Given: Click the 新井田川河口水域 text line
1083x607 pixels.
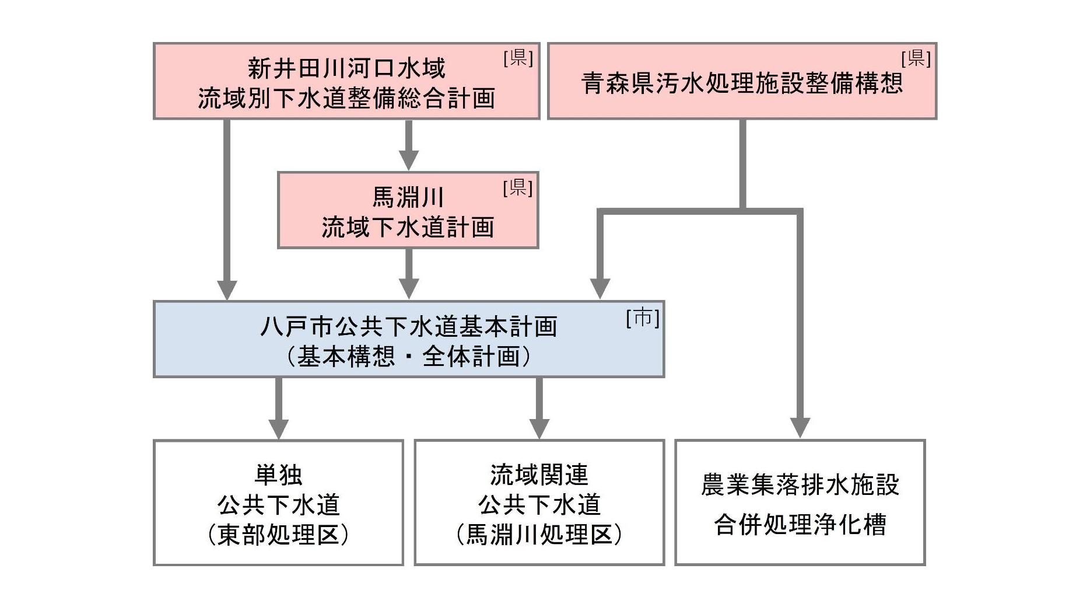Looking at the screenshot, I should point(346,68).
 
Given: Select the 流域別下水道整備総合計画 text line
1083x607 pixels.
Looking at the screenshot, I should point(346,98).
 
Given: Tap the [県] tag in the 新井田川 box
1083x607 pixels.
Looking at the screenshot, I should point(518,58).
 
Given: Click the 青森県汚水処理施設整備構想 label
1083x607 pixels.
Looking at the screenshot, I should point(742,83).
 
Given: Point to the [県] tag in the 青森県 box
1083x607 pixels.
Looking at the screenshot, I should point(916,58).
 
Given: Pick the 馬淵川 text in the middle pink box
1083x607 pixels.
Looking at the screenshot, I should point(408,197).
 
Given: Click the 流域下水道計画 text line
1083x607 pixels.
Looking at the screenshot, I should point(408,227).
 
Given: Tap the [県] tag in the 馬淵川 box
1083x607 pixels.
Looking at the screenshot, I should point(518,187).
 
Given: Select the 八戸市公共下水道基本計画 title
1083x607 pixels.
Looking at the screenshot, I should point(408,326).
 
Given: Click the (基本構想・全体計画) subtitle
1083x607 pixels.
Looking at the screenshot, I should point(408,356).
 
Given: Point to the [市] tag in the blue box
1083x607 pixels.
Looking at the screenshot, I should point(642,318).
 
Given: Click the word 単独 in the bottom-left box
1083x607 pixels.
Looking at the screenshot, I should point(278,475).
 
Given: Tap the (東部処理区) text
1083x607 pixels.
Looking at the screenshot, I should point(278,535).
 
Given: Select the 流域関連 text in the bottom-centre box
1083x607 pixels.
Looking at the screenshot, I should point(539,475).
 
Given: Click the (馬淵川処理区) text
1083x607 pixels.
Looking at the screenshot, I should point(539,535).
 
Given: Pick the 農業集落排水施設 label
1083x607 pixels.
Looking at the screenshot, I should point(800,484).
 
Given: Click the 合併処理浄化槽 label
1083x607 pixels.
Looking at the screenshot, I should point(800,524).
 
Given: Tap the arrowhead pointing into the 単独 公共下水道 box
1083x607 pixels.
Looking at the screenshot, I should point(278,428).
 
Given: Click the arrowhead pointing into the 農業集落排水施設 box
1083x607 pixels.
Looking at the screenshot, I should point(800,428).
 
